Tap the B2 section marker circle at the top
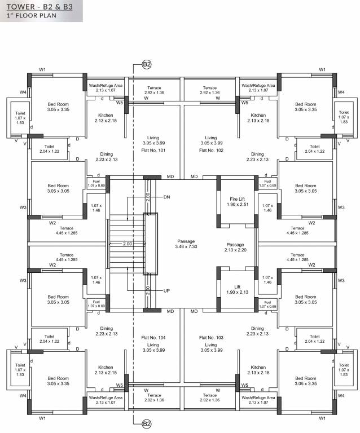[x=146, y=65]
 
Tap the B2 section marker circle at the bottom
[x=146, y=423]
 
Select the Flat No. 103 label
[x=211, y=337]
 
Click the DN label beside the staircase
[x=166, y=197]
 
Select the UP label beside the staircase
[x=166, y=291]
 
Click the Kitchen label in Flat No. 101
[x=104, y=117]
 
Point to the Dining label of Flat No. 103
[x=257, y=331]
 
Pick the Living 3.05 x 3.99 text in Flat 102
[x=211, y=140]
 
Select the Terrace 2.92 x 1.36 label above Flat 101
[x=154, y=90]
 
